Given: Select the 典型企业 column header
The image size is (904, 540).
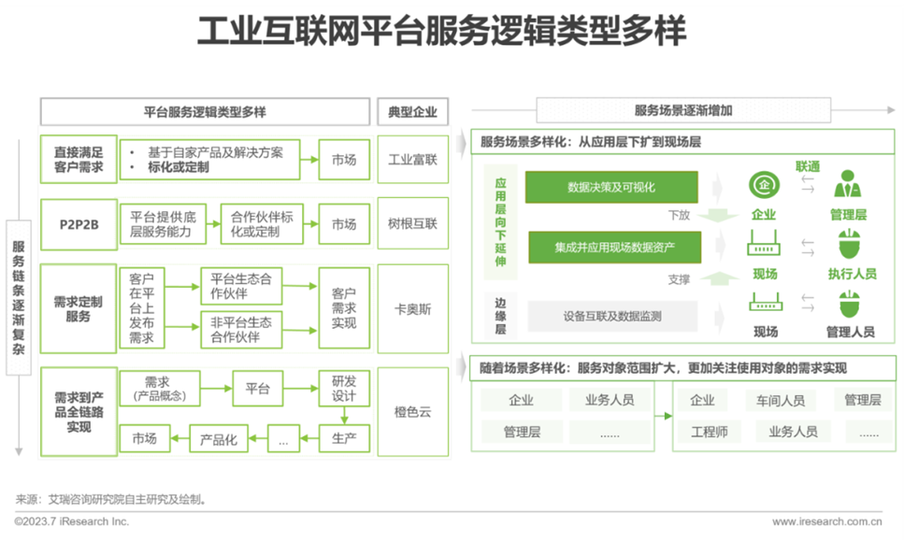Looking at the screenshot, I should [412, 111].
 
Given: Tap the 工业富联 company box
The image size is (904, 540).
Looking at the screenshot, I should [412, 160].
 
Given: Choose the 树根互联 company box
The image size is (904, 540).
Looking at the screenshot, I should [412, 224].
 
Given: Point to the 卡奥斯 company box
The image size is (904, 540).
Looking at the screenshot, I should [412, 309].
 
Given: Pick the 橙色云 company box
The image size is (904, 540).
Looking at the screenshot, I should [412, 412].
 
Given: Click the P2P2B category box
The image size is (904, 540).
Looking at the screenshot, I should [79, 224].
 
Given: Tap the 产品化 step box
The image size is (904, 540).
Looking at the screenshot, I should [220, 438].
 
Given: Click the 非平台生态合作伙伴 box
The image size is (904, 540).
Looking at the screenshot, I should [240, 329].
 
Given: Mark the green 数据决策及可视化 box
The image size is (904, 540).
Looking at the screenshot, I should [611, 187].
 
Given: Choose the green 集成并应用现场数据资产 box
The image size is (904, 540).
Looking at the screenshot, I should [614, 248].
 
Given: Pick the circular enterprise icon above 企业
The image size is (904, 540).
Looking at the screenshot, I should [764, 184].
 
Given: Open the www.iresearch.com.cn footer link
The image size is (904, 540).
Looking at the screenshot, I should [826, 521].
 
